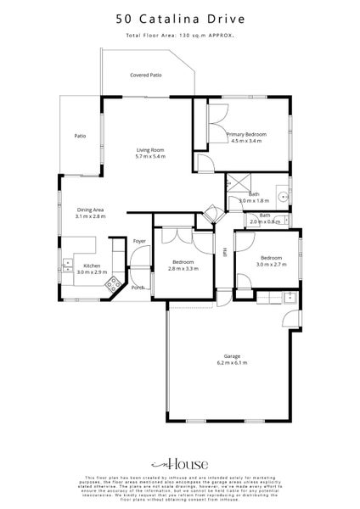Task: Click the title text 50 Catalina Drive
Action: click(180, 16)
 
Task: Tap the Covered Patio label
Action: click(146, 76)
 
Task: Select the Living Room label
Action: click(151, 150)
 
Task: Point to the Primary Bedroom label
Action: click(246, 135)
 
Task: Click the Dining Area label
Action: click(91, 210)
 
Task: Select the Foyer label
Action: click(139, 242)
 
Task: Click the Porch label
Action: click(138, 287)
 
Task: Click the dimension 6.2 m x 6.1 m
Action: click(231, 363)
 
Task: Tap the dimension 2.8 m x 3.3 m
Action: click(183, 268)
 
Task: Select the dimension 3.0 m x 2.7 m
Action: click(272, 264)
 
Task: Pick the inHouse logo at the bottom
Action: click(180, 464)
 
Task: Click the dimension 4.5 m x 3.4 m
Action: click(246, 142)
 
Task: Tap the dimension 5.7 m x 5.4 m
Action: click(151, 157)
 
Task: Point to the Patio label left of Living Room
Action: click(80, 135)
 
